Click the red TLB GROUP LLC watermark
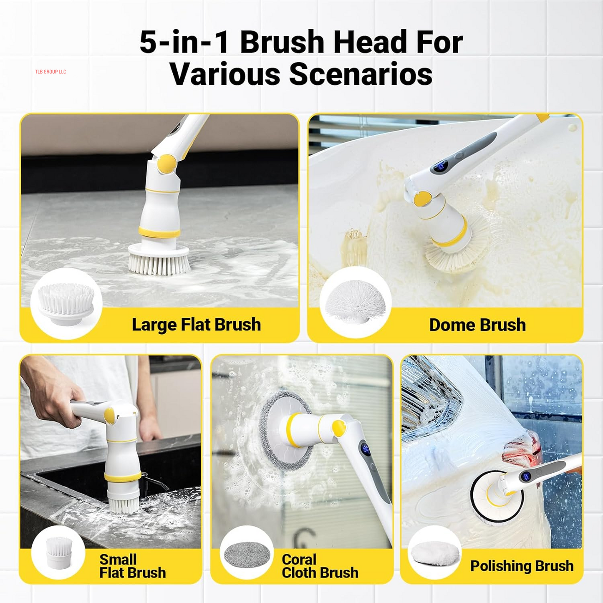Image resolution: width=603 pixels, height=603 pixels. tap(50, 72)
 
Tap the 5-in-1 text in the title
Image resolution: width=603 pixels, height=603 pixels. tap(184, 43)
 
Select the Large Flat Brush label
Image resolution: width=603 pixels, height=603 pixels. tap(196, 325)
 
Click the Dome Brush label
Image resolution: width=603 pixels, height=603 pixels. tap(477, 325)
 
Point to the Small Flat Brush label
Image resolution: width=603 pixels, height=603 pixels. tap(132, 566)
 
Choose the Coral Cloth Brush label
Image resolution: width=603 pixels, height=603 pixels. tap(320, 566)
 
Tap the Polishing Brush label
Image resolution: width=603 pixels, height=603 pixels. tap(522, 566)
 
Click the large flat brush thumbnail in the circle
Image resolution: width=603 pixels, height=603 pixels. tap(66, 303)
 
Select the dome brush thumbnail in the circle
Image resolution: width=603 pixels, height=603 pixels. tap(355, 301)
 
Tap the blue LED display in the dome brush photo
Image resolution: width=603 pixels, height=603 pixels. tap(440, 167)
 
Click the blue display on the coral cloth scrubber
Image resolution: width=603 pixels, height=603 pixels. tap(366, 449)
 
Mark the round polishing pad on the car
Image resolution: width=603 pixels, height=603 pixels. tap(497, 497)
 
